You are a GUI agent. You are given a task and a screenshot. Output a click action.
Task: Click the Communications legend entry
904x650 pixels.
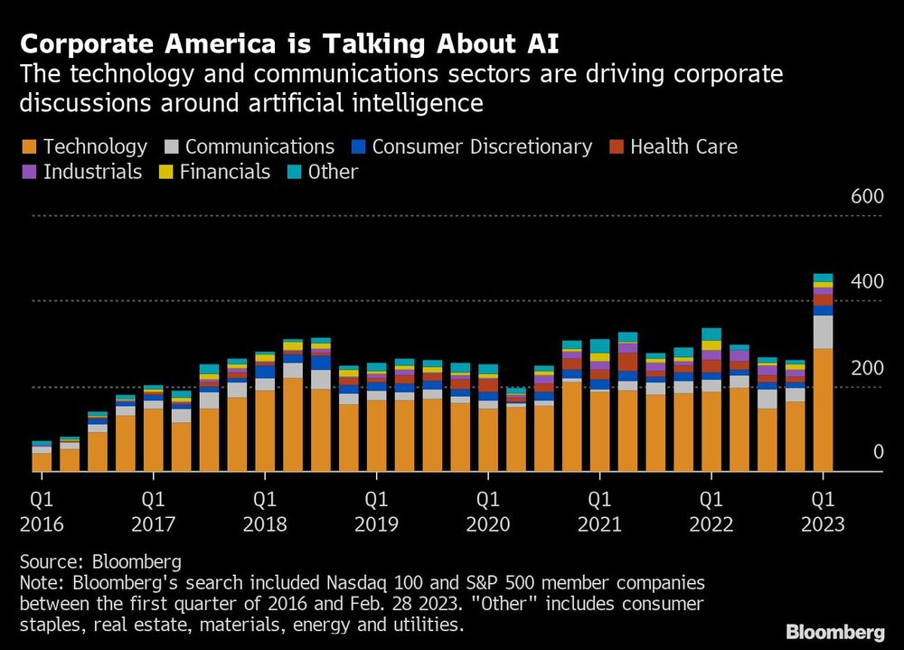250,146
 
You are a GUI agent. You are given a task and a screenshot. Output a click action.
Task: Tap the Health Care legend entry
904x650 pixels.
673,146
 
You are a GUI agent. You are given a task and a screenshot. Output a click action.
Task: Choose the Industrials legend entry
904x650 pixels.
81,172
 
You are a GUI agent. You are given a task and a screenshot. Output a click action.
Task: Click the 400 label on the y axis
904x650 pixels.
866,282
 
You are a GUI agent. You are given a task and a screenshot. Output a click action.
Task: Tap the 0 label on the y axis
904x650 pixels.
877,452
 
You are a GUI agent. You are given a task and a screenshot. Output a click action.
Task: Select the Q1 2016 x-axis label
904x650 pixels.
42,512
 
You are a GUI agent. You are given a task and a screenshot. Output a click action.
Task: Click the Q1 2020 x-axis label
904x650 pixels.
488,512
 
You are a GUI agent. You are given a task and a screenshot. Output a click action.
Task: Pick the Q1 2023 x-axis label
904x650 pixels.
823,512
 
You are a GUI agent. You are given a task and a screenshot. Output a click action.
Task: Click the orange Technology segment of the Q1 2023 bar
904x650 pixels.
823,411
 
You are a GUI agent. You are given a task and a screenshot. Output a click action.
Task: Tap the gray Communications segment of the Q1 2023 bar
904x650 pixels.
823,332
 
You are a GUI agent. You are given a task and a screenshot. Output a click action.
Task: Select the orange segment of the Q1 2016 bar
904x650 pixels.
42,462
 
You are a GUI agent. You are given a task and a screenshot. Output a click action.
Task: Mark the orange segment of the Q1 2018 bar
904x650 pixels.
265,431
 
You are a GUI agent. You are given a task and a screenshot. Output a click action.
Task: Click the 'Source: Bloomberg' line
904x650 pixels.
100,561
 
